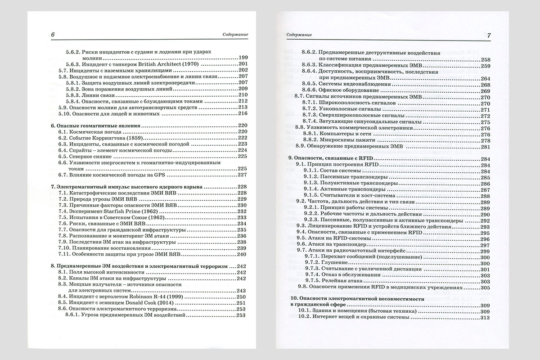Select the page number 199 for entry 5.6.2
[x=243, y=58]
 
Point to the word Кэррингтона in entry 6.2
[x=99, y=137]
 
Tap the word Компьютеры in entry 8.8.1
[x=338, y=134]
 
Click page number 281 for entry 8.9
[x=485, y=147]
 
